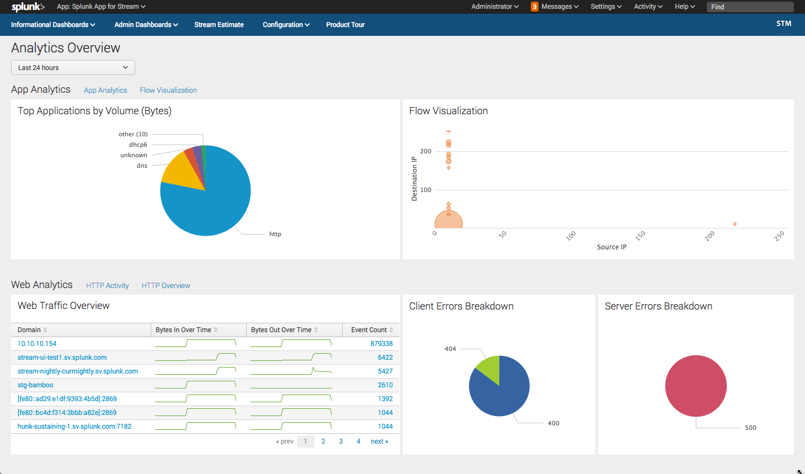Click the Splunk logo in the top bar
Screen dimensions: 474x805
[x=28, y=7]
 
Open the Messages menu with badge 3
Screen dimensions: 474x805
[x=555, y=7]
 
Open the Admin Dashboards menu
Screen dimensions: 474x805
[x=146, y=25]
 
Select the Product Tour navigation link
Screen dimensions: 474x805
[x=345, y=25]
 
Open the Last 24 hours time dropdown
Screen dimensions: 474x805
[x=73, y=67]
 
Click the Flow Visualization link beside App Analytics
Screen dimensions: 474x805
[x=168, y=90]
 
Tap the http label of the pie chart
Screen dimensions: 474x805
[x=275, y=234]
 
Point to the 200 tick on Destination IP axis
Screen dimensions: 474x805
[x=425, y=151]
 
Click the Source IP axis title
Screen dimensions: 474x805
[x=611, y=247]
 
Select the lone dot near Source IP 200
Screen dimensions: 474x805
[x=734, y=224]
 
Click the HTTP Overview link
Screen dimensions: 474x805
[x=166, y=285]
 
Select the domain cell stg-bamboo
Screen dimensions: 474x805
[x=35, y=385]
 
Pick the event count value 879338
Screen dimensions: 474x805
[x=381, y=344]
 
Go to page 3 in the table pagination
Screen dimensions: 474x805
[x=340, y=441]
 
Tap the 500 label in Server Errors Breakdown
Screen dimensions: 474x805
[x=750, y=428]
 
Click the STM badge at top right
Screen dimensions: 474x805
[x=783, y=24]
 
